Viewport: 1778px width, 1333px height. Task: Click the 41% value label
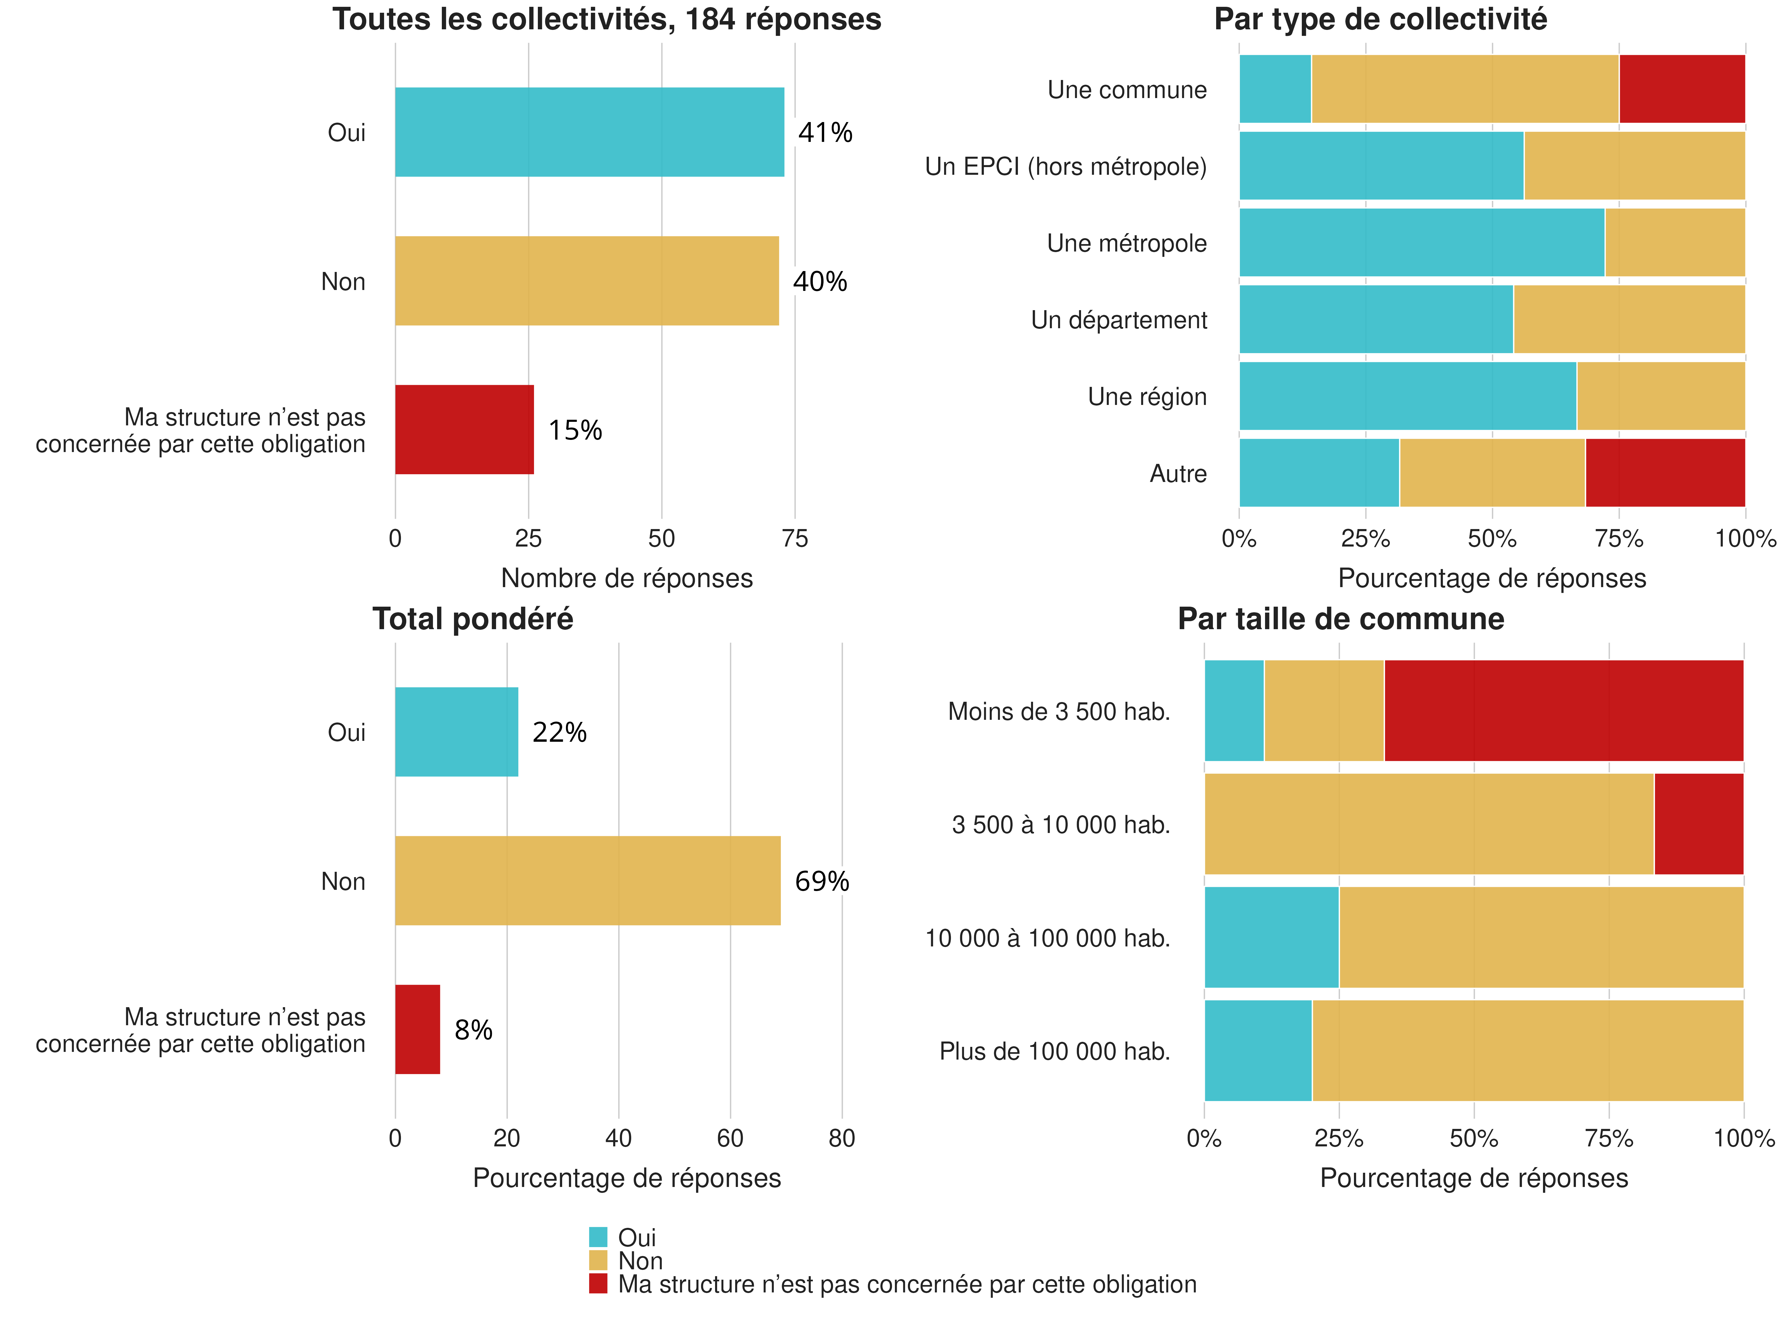coord(825,133)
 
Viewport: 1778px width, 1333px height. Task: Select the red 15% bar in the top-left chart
coord(464,430)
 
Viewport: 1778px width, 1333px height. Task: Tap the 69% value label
coord(821,882)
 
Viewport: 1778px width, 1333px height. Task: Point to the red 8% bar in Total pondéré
coord(417,1029)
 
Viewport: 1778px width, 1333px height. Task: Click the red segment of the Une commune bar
coord(1682,89)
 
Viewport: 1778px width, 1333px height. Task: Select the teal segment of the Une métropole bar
coord(1421,243)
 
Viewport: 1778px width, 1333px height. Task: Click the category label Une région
coord(1147,397)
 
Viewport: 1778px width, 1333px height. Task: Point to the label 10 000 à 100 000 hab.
coord(1047,938)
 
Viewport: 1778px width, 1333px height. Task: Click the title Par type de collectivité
coord(1380,19)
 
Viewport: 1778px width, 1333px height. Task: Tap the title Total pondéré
coord(473,619)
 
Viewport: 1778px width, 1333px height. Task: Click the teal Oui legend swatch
coord(598,1237)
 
